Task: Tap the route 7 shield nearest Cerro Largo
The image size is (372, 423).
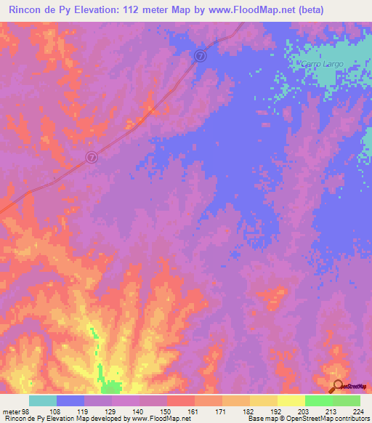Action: pos(201,55)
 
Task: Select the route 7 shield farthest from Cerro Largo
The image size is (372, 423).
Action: pos(92,157)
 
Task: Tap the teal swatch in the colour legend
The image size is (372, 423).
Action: pos(43,400)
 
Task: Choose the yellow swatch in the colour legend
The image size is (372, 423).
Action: pos(291,400)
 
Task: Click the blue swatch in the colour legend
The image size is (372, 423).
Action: pos(70,400)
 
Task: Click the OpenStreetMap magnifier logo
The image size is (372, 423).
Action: pos(337,387)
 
